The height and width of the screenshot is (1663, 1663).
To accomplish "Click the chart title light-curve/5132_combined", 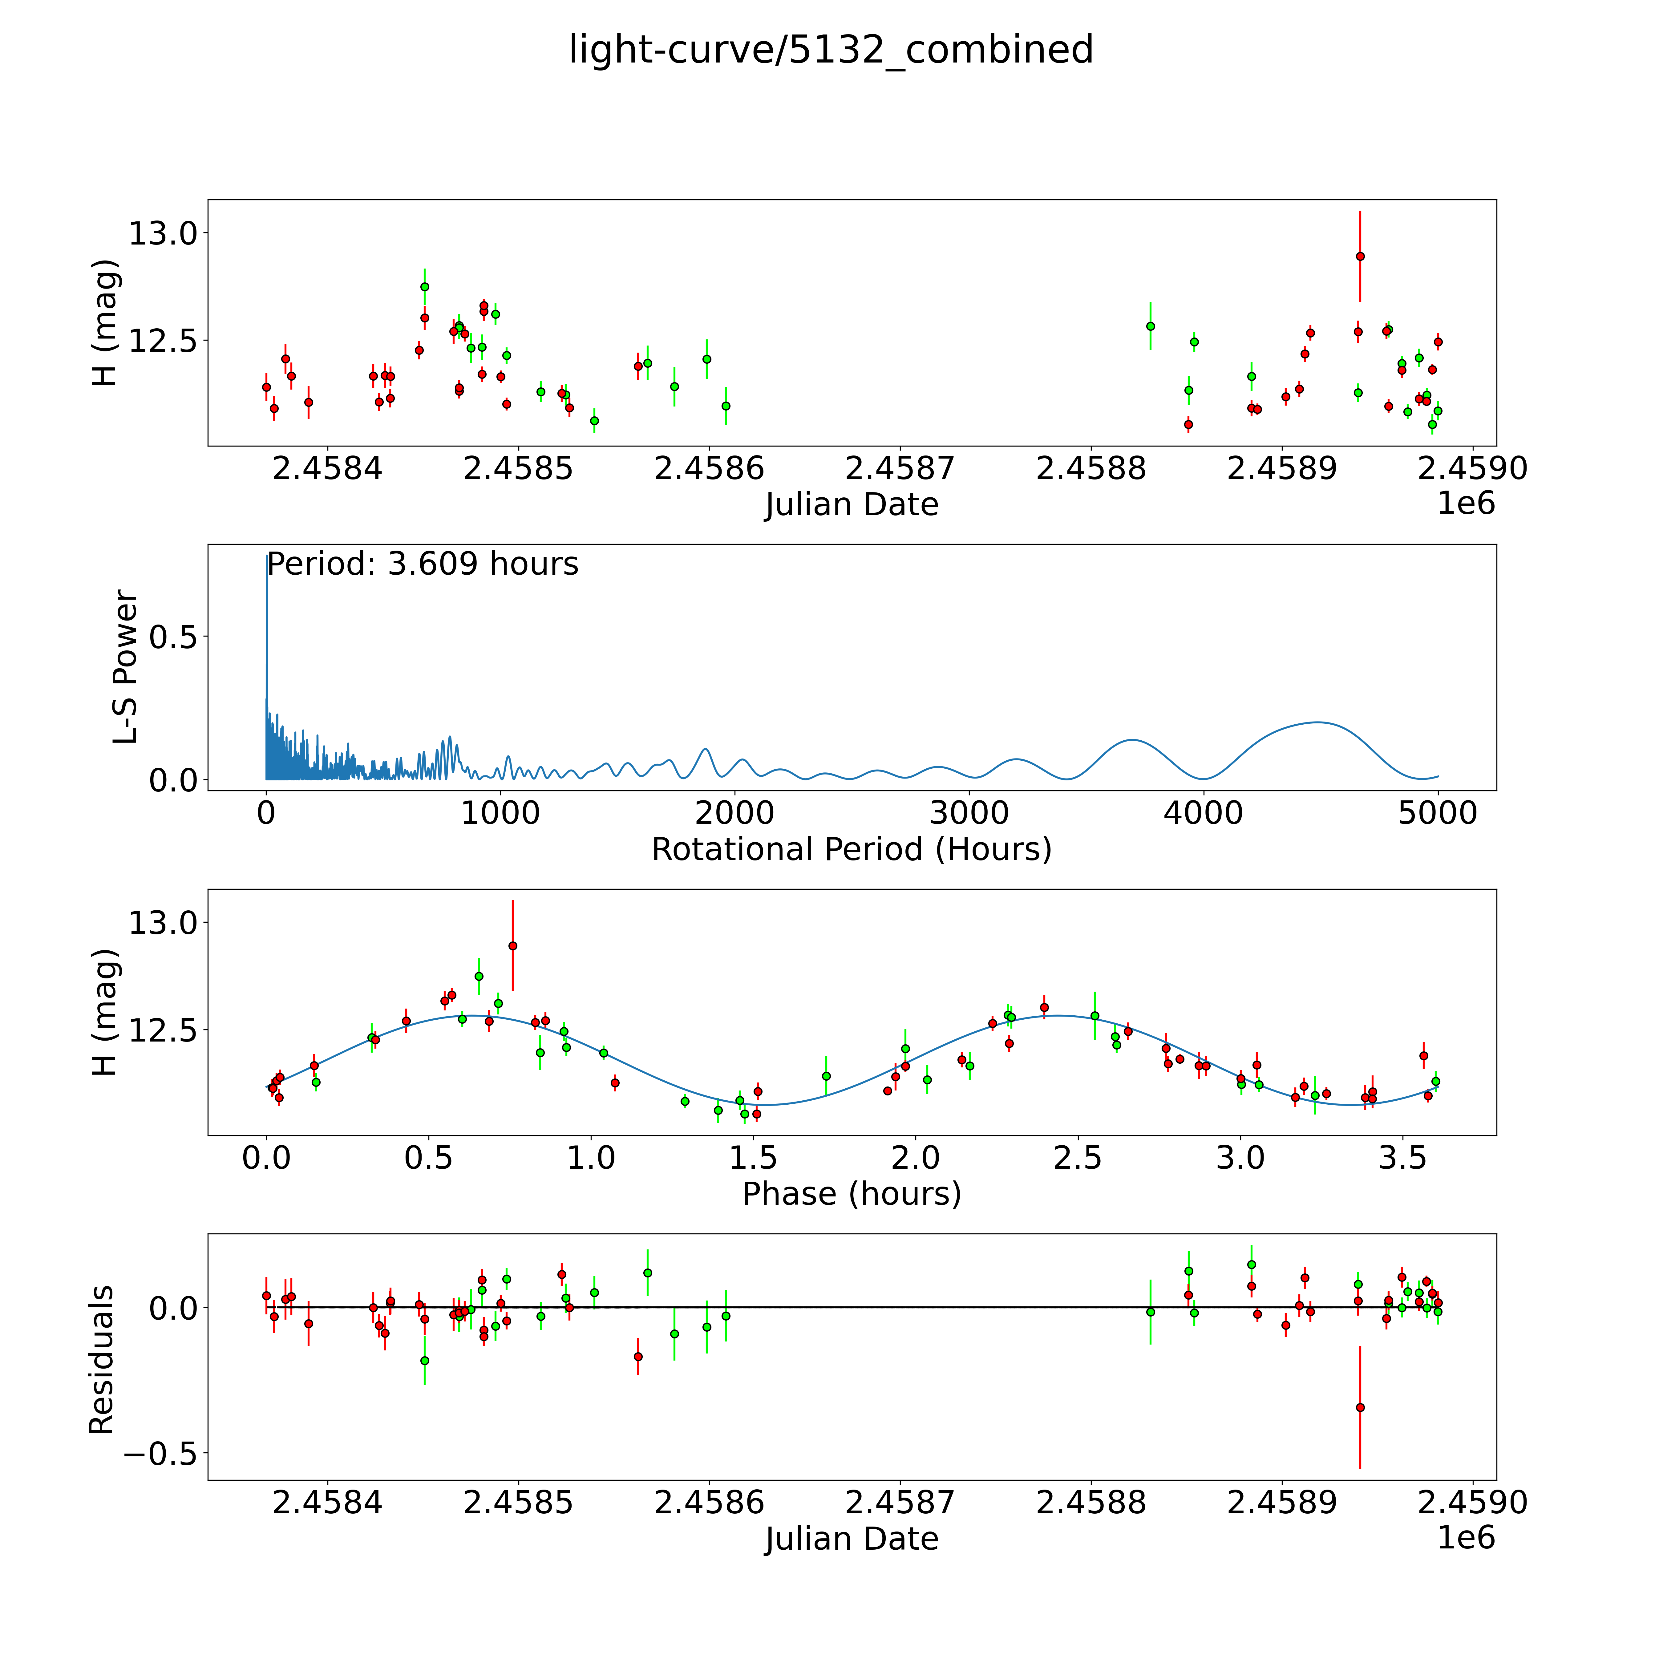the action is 831,50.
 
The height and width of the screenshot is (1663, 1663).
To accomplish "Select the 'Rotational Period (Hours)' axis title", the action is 851,850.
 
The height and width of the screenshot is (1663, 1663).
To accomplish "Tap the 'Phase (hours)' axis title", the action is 851,1194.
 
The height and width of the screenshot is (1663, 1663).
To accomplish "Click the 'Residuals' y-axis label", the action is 102,1360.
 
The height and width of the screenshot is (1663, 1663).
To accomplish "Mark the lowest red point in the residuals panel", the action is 1360,1407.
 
